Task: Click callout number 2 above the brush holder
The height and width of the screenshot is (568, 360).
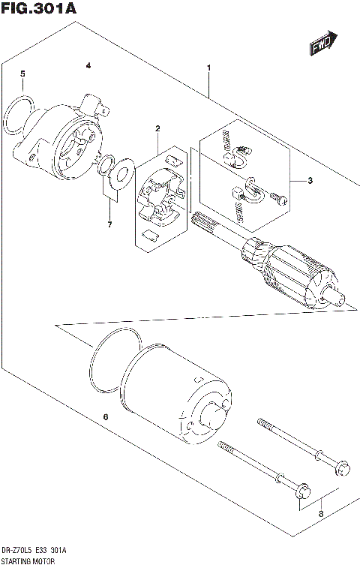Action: coord(157,129)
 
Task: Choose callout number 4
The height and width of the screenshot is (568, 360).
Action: coord(88,66)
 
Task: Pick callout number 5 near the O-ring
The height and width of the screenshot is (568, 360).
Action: coord(22,74)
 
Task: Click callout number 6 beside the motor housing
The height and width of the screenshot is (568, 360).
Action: coord(106,417)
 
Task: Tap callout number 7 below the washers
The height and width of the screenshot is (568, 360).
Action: coord(109,224)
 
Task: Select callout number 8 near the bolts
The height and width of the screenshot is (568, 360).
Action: coord(321,514)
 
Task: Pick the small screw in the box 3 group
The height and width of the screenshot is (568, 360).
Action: coord(280,199)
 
